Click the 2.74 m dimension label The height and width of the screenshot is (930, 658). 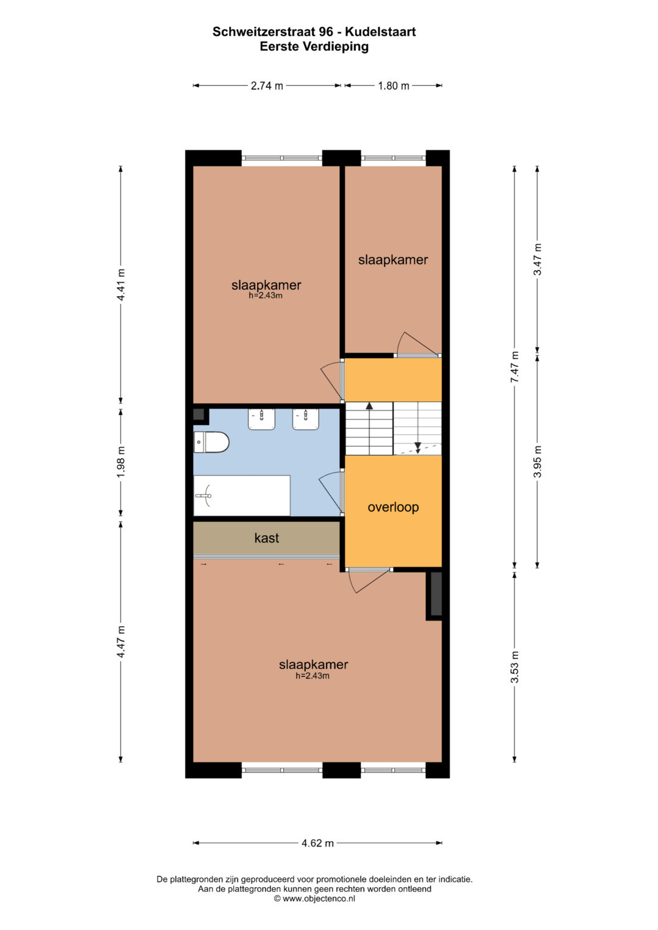(x=267, y=86)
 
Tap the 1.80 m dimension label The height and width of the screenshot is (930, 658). (x=394, y=86)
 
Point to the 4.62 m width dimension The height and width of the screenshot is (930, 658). (x=317, y=843)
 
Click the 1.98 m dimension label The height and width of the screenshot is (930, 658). (x=121, y=461)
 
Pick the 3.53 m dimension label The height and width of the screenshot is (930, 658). (x=515, y=667)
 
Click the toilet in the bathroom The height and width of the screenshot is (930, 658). (x=211, y=442)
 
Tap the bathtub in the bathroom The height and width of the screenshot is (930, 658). (x=242, y=495)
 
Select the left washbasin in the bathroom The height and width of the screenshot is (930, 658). (x=261, y=420)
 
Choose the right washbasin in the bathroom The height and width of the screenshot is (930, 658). (x=306, y=420)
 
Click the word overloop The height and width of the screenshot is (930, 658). (x=393, y=507)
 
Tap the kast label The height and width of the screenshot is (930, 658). (x=267, y=538)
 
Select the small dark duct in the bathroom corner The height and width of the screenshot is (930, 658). (x=199, y=414)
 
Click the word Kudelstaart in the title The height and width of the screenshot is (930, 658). (x=380, y=32)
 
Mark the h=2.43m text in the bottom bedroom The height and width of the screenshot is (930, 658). (x=313, y=675)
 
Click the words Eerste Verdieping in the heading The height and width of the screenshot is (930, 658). (x=314, y=46)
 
